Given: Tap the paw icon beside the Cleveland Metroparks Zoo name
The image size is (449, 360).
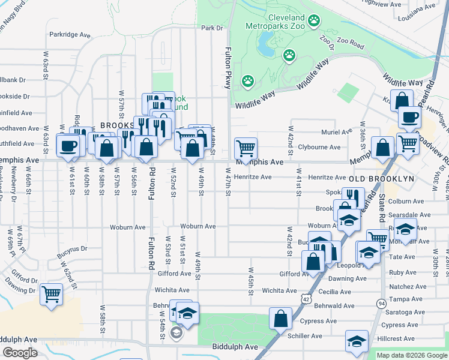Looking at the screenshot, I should [313, 22].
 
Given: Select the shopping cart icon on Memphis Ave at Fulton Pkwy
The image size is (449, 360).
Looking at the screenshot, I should [246, 146].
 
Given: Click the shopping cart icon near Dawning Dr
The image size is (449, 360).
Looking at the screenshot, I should [52, 294].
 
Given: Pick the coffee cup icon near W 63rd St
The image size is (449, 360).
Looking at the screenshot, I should [68, 145].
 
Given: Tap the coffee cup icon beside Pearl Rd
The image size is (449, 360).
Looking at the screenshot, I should [409, 117].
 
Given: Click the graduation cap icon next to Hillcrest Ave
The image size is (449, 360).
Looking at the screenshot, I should [357, 341].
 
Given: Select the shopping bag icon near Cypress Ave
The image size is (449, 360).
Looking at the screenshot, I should [280, 318].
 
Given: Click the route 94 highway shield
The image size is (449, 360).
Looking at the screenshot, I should [381, 303].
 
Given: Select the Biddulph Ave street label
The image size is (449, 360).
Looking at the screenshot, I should [235, 347].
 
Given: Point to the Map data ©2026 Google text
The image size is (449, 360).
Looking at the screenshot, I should [411, 355].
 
